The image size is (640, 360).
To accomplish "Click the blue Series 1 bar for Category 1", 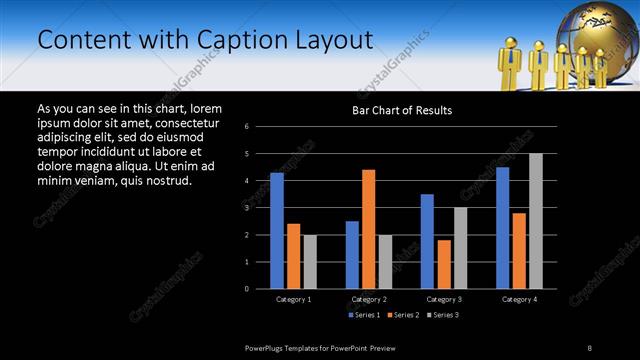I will pyautogui.click(x=276, y=230).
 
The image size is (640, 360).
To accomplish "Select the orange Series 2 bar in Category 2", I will pyautogui.click(x=368, y=228).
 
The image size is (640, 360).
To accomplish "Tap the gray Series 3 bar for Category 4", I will pyautogui.click(x=536, y=220).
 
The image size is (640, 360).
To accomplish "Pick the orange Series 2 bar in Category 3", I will pyautogui.click(x=444, y=264).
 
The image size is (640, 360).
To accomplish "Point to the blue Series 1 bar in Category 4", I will pyautogui.click(x=502, y=227).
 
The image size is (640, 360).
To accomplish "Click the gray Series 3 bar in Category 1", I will pyautogui.click(x=310, y=261).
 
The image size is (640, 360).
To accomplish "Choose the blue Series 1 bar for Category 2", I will pyautogui.click(x=352, y=254).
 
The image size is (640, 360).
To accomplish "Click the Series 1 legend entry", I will pyautogui.click(x=363, y=315).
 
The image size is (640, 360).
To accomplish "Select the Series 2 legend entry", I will pyautogui.click(x=403, y=315).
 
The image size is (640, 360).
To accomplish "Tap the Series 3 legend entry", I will pyautogui.click(x=443, y=315).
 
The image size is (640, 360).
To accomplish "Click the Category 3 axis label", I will pyautogui.click(x=444, y=299).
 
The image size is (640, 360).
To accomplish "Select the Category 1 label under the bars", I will pyautogui.click(x=293, y=299).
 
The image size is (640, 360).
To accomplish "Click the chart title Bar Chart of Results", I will pyautogui.click(x=402, y=109).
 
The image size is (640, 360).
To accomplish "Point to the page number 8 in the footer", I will pyautogui.click(x=590, y=347).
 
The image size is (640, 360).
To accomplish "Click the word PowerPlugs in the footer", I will pyautogui.click(x=267, y=347).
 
